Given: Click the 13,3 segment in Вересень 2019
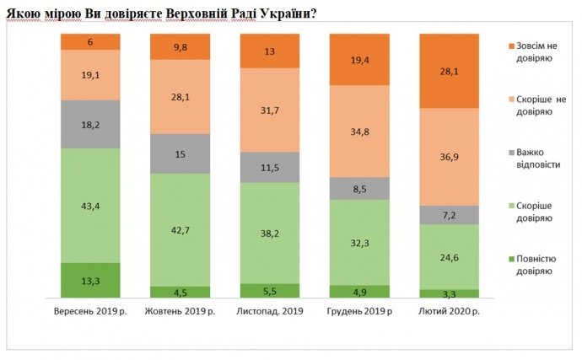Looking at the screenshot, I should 90,280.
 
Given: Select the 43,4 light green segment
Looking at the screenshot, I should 90,206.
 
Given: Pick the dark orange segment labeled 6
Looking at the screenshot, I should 90,42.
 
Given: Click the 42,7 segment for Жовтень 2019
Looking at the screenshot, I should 180,229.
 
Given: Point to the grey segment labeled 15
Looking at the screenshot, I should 180,153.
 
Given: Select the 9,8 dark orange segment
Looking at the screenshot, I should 180,47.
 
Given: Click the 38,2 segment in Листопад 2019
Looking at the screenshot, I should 269,233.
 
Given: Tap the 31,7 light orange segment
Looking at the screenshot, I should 269,110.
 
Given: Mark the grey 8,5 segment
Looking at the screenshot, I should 358,188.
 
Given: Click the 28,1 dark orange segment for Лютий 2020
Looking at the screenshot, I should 448,72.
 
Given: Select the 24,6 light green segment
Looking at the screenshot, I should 448,256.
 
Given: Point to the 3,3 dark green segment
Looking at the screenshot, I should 448,293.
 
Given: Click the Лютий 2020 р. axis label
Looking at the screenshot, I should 448,312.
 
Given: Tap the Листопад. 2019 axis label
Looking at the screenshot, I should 269,312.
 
